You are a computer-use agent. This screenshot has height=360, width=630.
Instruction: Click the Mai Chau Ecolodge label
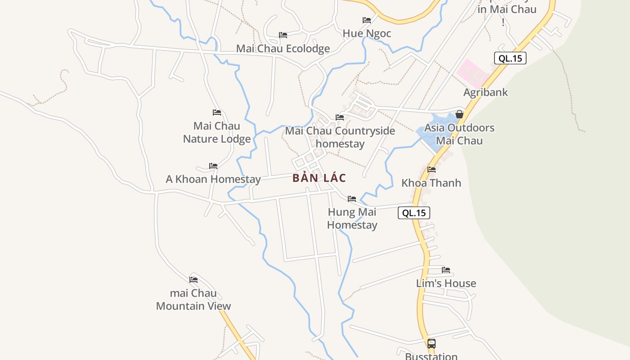tap(283, 49)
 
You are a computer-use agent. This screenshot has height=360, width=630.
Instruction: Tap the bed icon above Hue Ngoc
tap(367, 20)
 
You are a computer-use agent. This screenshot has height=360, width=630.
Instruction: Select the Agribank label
tap(486, 92)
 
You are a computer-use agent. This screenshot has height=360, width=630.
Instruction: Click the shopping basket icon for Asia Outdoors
tap(459, 114)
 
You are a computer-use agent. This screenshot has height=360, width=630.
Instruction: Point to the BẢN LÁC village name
tap(319, 178)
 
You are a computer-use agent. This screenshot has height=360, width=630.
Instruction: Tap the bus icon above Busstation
tap(431, 344)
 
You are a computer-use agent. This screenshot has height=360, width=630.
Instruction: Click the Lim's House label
tap(446, 283)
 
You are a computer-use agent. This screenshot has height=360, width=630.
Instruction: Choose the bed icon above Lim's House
tap(446, 270)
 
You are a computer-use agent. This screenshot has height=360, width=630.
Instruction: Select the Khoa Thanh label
tap(431, 183)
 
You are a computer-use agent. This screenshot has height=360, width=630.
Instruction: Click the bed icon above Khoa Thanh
tap(432, 170)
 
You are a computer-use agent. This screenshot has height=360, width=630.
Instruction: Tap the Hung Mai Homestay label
tap(352, 218)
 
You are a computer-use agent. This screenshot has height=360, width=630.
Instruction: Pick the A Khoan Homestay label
tap(213, 179)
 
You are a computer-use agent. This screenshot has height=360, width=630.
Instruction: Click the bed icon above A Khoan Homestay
tap(213, 166)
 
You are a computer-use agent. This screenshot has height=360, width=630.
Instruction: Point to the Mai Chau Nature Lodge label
tap(217, 132)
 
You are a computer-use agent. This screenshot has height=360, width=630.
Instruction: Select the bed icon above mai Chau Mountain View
tap(193, 279)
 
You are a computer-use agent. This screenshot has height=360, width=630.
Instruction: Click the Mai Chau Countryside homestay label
tap(340, 137)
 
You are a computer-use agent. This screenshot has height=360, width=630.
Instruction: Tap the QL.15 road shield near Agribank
tap(510, 58)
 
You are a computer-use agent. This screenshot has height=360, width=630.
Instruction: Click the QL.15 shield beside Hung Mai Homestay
tap(414, 213)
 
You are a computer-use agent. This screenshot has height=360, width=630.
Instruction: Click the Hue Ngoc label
tap(367, 33)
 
